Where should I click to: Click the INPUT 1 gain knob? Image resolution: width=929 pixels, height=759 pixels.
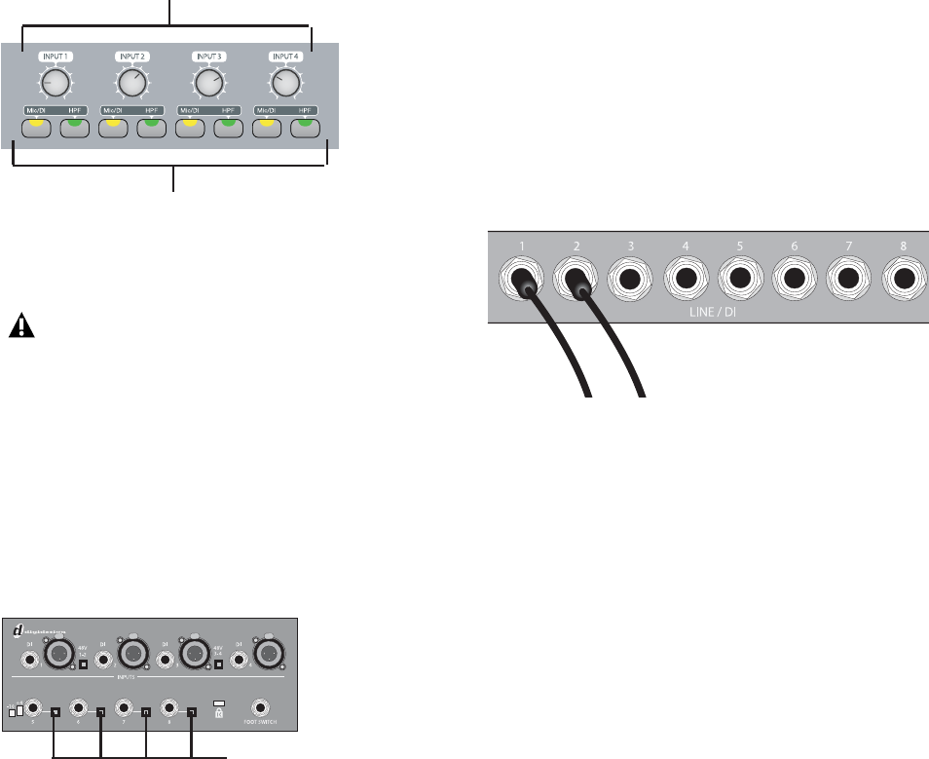[x=56, y=86]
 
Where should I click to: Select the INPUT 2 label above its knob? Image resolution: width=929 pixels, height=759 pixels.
[x=131, y=57]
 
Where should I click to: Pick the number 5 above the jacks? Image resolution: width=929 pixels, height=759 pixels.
[x=740, y=247]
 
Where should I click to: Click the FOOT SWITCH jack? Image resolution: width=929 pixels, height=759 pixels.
[x=261, y=708]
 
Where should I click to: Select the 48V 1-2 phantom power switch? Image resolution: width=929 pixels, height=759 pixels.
[x=85, y=665]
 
